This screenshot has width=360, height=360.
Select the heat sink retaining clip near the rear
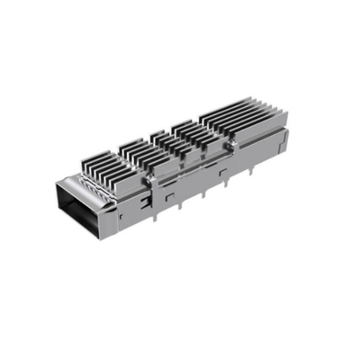tap(231, 142)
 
